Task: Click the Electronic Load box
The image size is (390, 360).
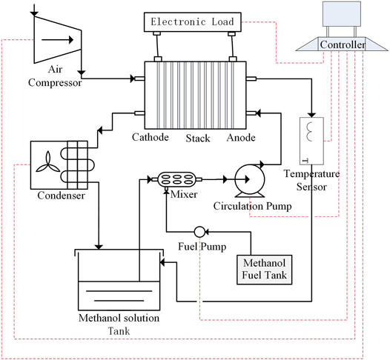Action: coord(193,22)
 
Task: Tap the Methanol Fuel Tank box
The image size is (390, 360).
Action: coord(264,270)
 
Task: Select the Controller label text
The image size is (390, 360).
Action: coord(343,44)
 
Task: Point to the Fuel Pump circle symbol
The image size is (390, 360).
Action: coord(199,232)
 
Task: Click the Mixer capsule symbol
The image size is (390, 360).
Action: coord(176,179)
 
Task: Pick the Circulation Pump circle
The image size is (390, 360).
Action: coord(249,179)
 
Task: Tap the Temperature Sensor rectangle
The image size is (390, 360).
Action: coord(311,141)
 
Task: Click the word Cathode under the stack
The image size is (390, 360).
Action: coord(151,137)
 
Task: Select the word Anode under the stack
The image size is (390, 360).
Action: coord(241,137)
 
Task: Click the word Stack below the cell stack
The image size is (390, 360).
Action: coord(198,138)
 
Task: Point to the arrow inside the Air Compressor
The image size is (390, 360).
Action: coord(57,40)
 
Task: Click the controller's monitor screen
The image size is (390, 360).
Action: coord(342,14)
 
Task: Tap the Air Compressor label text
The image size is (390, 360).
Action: coord(55,76)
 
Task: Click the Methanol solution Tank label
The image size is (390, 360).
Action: coord(119,324)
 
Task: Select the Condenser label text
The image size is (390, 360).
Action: coord(62,196)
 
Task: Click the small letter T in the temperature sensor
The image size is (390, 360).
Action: coord(306,161)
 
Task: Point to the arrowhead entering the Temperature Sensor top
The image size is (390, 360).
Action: coord(311,115)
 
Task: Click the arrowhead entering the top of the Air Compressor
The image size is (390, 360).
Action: coord(34,13)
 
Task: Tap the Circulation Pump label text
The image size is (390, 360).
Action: coord(252,206)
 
